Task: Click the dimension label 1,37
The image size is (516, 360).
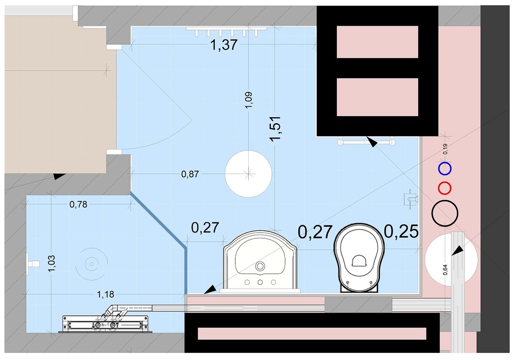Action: coord(224,45)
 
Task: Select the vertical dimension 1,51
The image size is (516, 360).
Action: coord(275,128)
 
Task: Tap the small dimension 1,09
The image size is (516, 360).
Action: coord(249,100)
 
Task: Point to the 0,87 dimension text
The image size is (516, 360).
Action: coord(190,174)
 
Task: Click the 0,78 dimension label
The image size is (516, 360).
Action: coord(78,204)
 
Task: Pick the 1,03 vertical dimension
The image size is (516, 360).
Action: coord(52,264)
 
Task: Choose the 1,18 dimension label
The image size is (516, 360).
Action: coord(106,294)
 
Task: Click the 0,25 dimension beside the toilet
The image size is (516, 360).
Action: coord(401,232)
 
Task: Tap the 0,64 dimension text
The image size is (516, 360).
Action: coord(445,270)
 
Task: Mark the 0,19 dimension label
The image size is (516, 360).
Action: coord(445,149)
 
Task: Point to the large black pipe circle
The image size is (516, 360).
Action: coord(445,201)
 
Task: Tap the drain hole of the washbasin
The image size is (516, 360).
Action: coord(260,266)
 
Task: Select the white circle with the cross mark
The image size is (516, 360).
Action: coord(249,173)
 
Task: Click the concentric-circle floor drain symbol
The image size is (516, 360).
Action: coord(91,263)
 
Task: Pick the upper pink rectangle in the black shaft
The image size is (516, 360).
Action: coord(377,42)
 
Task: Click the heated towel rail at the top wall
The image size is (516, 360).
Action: coord(226,31)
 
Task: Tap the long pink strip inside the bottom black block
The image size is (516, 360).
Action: coord(312,334)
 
